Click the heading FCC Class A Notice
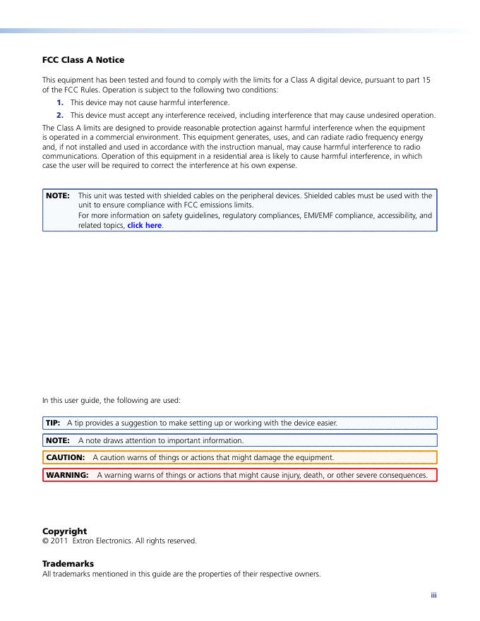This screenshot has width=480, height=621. [x=83, y=60]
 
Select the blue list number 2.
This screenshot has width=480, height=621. [x=61, y=115]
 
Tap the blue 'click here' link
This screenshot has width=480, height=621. [x=145, y=226]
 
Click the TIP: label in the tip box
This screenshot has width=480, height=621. [x=54, y=423]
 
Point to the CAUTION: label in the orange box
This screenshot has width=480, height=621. [x=65, y=457]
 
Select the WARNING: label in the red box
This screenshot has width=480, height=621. [x=67, y=475]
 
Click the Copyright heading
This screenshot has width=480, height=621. [x=64, y=531]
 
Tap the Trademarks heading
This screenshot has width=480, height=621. [x=68, y=564]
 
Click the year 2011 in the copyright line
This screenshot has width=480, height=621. [x=58, y=541]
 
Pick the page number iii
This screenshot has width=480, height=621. [x=434, y=596]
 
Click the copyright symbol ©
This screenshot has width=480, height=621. [x=45, y=541]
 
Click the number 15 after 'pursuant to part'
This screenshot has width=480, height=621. [x=426, y=80]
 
